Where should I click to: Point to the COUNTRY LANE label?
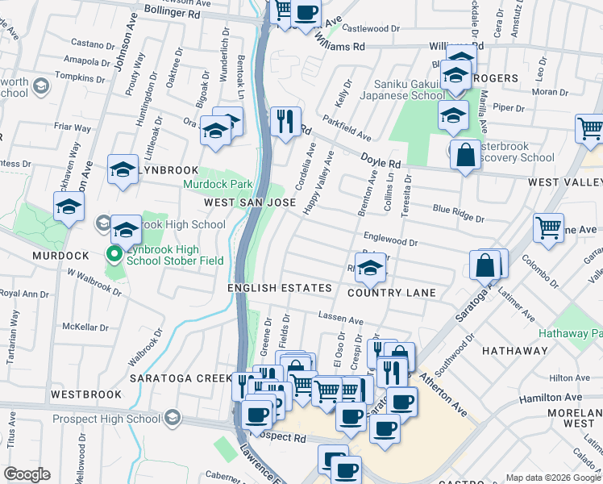[x=391, y=293]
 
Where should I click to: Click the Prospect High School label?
[x=106, y=418]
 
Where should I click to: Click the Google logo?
[x=27, y=474]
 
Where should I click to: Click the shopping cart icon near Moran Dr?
[x=590, y=129]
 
